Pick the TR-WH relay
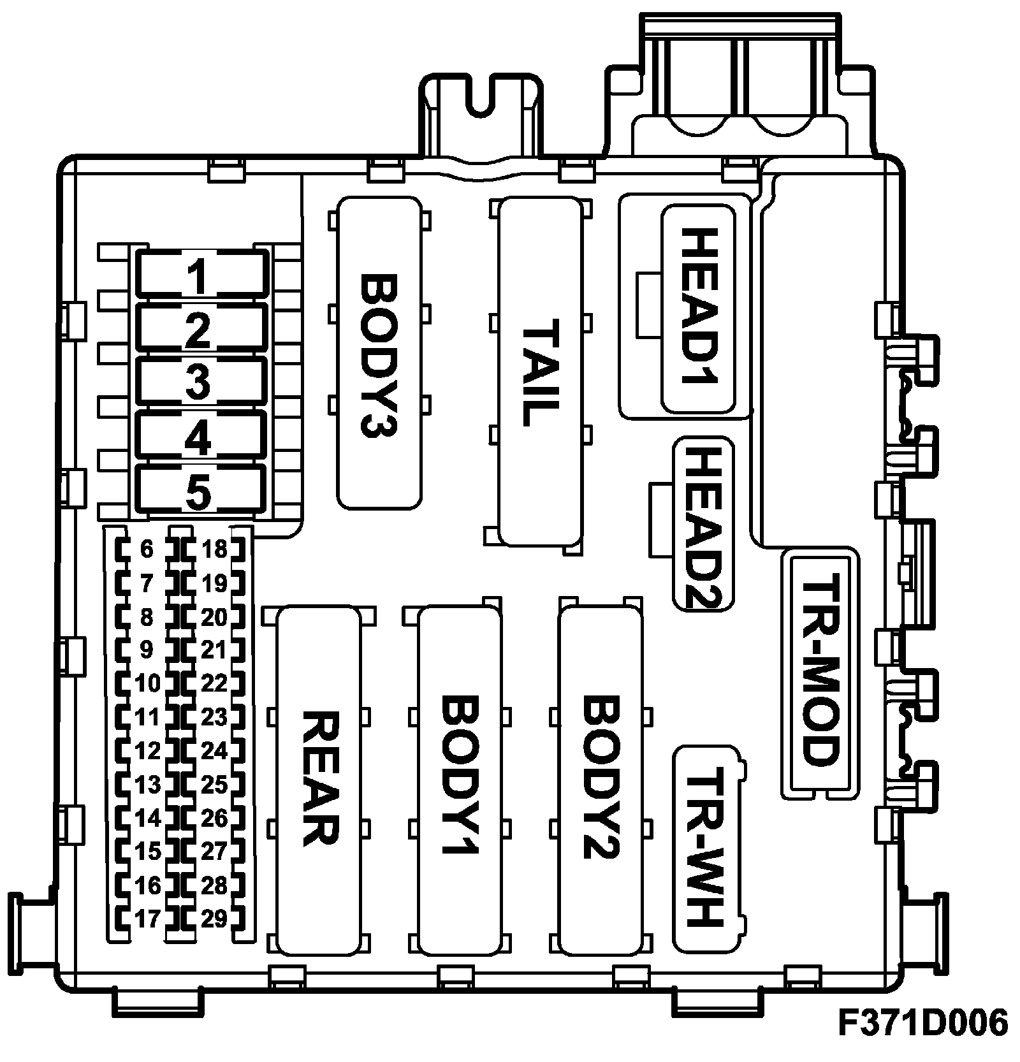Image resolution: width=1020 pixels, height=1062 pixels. (x=709, y=847)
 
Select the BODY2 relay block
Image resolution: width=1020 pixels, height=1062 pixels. (x=601, y=780)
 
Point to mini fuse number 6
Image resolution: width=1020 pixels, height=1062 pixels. (x=147, y=549)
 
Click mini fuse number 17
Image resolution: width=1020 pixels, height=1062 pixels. (x=148, y=919)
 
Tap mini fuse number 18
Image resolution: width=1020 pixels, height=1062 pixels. (x=214, y=549)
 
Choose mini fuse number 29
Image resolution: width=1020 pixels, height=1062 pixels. (x=214, y=919)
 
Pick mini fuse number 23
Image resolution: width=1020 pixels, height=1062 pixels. (x=214, y=717)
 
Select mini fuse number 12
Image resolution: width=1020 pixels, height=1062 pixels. (x=148, y=751)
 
